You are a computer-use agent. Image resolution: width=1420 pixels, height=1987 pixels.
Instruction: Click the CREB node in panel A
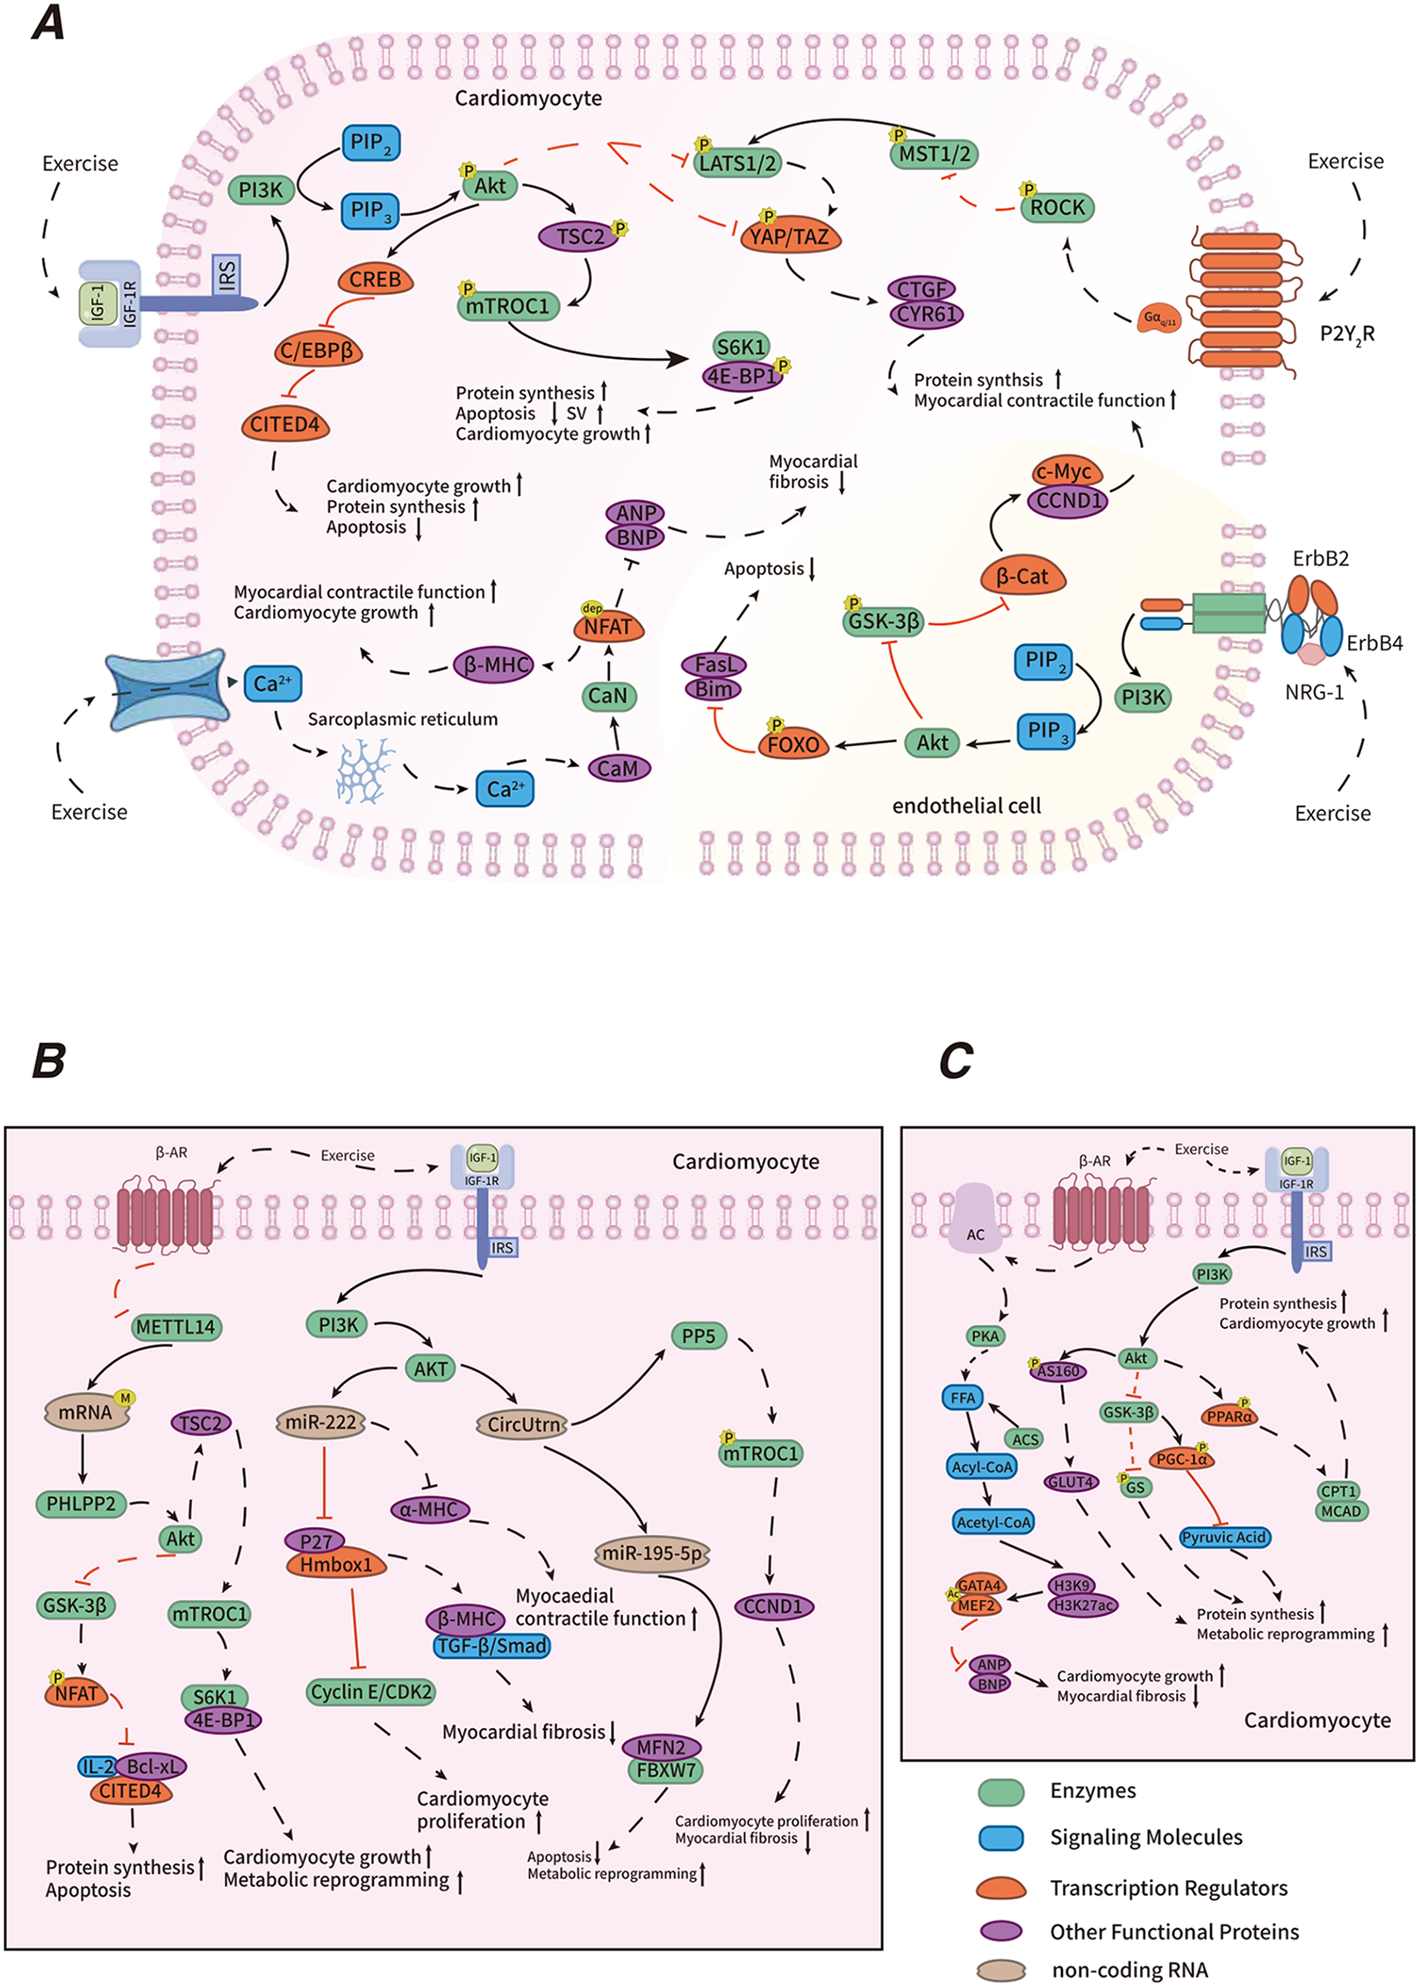375,279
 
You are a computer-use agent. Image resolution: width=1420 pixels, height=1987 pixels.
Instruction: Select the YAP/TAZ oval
789,236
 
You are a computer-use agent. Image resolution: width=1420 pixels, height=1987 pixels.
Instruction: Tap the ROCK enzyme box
1057,208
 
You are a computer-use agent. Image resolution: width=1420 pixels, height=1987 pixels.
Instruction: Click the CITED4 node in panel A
284,425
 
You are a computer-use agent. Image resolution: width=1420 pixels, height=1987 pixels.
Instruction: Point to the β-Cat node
1022,577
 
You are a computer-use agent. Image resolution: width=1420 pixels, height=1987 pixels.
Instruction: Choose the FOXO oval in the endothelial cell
792,744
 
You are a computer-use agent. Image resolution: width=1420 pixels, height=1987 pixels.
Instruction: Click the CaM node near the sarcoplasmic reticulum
618,768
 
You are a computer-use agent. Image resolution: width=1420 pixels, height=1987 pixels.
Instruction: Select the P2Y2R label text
1346,334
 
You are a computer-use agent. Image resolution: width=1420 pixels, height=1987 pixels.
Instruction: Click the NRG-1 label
1314,692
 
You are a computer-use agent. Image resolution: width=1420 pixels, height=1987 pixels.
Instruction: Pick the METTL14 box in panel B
176,1326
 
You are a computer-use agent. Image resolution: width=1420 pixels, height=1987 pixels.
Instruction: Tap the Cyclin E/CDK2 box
371,1691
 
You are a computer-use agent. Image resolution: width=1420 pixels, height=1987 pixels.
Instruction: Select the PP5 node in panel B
699,1336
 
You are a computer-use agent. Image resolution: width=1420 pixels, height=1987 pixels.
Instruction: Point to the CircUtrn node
523,1424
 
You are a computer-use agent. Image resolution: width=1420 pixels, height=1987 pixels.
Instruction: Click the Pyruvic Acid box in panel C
1223,1537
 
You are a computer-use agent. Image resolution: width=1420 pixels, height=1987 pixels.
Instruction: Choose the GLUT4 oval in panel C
1071,1481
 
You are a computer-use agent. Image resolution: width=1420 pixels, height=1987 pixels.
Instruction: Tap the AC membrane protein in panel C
974,1219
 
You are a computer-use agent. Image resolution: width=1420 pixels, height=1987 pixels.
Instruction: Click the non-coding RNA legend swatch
1001,1970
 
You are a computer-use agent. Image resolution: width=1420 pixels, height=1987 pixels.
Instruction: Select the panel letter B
48,1060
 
